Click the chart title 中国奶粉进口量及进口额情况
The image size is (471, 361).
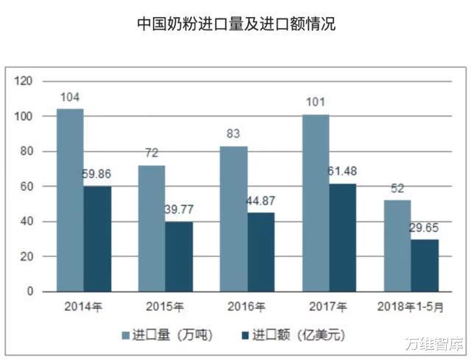click(x=235, y=24)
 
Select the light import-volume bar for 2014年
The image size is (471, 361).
click(x=70, y=200)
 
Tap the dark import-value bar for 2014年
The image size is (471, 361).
click(x=97, y=239)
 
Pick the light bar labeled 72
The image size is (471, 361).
click(x=152, y=228)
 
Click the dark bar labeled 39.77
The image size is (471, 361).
click(x=179, y=256)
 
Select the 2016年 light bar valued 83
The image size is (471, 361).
click(x=234, y=218)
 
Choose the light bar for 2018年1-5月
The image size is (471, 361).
click(x=397, y=245)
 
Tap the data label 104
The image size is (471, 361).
click(x=71, y=97)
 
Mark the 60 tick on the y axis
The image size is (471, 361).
click(x=27, y=186)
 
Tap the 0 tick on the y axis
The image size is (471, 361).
click(x=30, y=292)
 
